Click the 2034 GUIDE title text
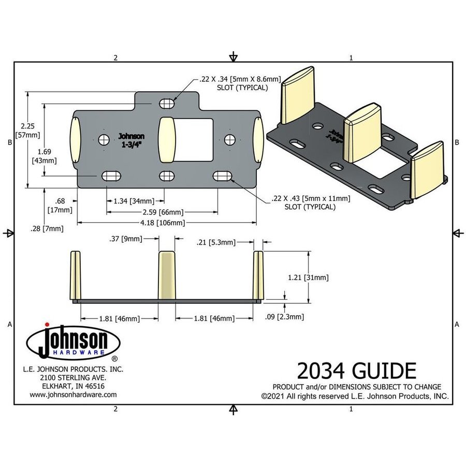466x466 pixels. point(356,371)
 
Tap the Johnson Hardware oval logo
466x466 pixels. point(73,344)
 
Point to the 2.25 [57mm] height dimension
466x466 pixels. point(26,130)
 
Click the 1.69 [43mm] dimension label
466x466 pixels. point(45,156)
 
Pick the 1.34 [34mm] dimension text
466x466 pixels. point(134,200)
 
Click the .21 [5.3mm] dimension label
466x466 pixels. point(216,242)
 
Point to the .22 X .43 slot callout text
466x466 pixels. point(310,202)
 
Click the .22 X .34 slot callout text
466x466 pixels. point(240,83)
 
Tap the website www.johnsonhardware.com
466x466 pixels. point(73,394)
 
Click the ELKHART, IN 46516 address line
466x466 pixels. point(73,386)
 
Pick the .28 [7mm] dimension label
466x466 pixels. point(47,228)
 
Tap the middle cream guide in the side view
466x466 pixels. point(167,274)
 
